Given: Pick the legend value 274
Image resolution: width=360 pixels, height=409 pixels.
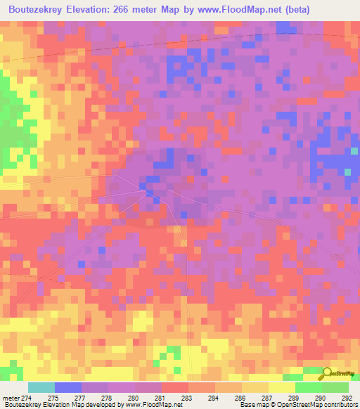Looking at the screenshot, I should (26, 398).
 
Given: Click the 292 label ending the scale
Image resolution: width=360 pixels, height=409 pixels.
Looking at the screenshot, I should (346, 398).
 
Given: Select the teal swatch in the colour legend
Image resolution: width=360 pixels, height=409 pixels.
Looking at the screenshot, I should (41, 387).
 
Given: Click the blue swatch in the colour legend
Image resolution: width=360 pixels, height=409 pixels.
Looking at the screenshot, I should (67, 387).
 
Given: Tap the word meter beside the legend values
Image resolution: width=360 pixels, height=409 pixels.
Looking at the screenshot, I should (9, 398).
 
